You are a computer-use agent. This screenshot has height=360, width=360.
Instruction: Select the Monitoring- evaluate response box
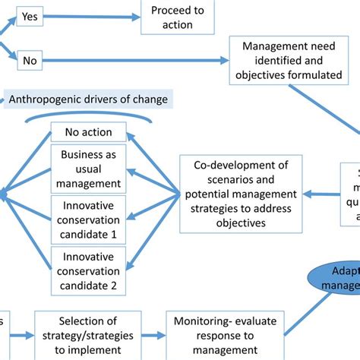pos(226,334)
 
